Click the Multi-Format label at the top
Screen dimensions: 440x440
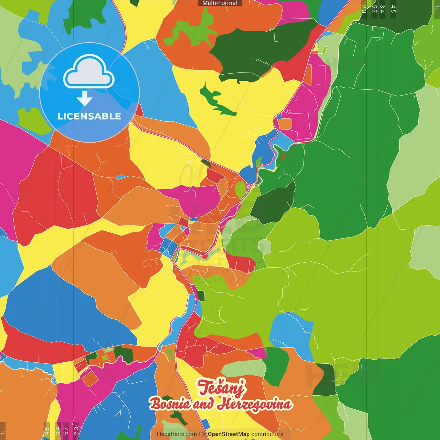tap(220, 3)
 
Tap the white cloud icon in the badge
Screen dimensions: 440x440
tap(89, 73)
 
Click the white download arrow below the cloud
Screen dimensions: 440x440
tap(85, 98)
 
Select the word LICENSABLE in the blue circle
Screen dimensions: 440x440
tap(89, 117)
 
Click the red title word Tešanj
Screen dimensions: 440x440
tap(221, 387)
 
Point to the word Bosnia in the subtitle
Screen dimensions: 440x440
tap(170, 404)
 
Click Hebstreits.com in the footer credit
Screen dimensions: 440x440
tap(177, 434)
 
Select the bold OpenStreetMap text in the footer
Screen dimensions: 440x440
tap(229, 434)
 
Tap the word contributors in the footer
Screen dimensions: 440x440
tap(267, 434)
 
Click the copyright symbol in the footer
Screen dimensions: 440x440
tap(204, 434)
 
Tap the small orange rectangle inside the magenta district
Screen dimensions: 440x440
tap(285, 124)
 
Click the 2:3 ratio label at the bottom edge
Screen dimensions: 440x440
tap(76, 430)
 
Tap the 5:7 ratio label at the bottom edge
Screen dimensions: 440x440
tap(66, 430)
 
